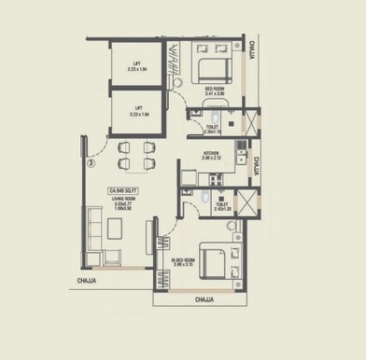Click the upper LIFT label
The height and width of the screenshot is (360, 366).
(136, 66)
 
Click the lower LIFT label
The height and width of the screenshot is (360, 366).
(136, 109)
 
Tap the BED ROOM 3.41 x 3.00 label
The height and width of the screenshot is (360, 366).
(215, 91)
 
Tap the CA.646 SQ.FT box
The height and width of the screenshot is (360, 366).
(122, 190)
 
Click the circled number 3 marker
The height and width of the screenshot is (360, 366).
(91, 161)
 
